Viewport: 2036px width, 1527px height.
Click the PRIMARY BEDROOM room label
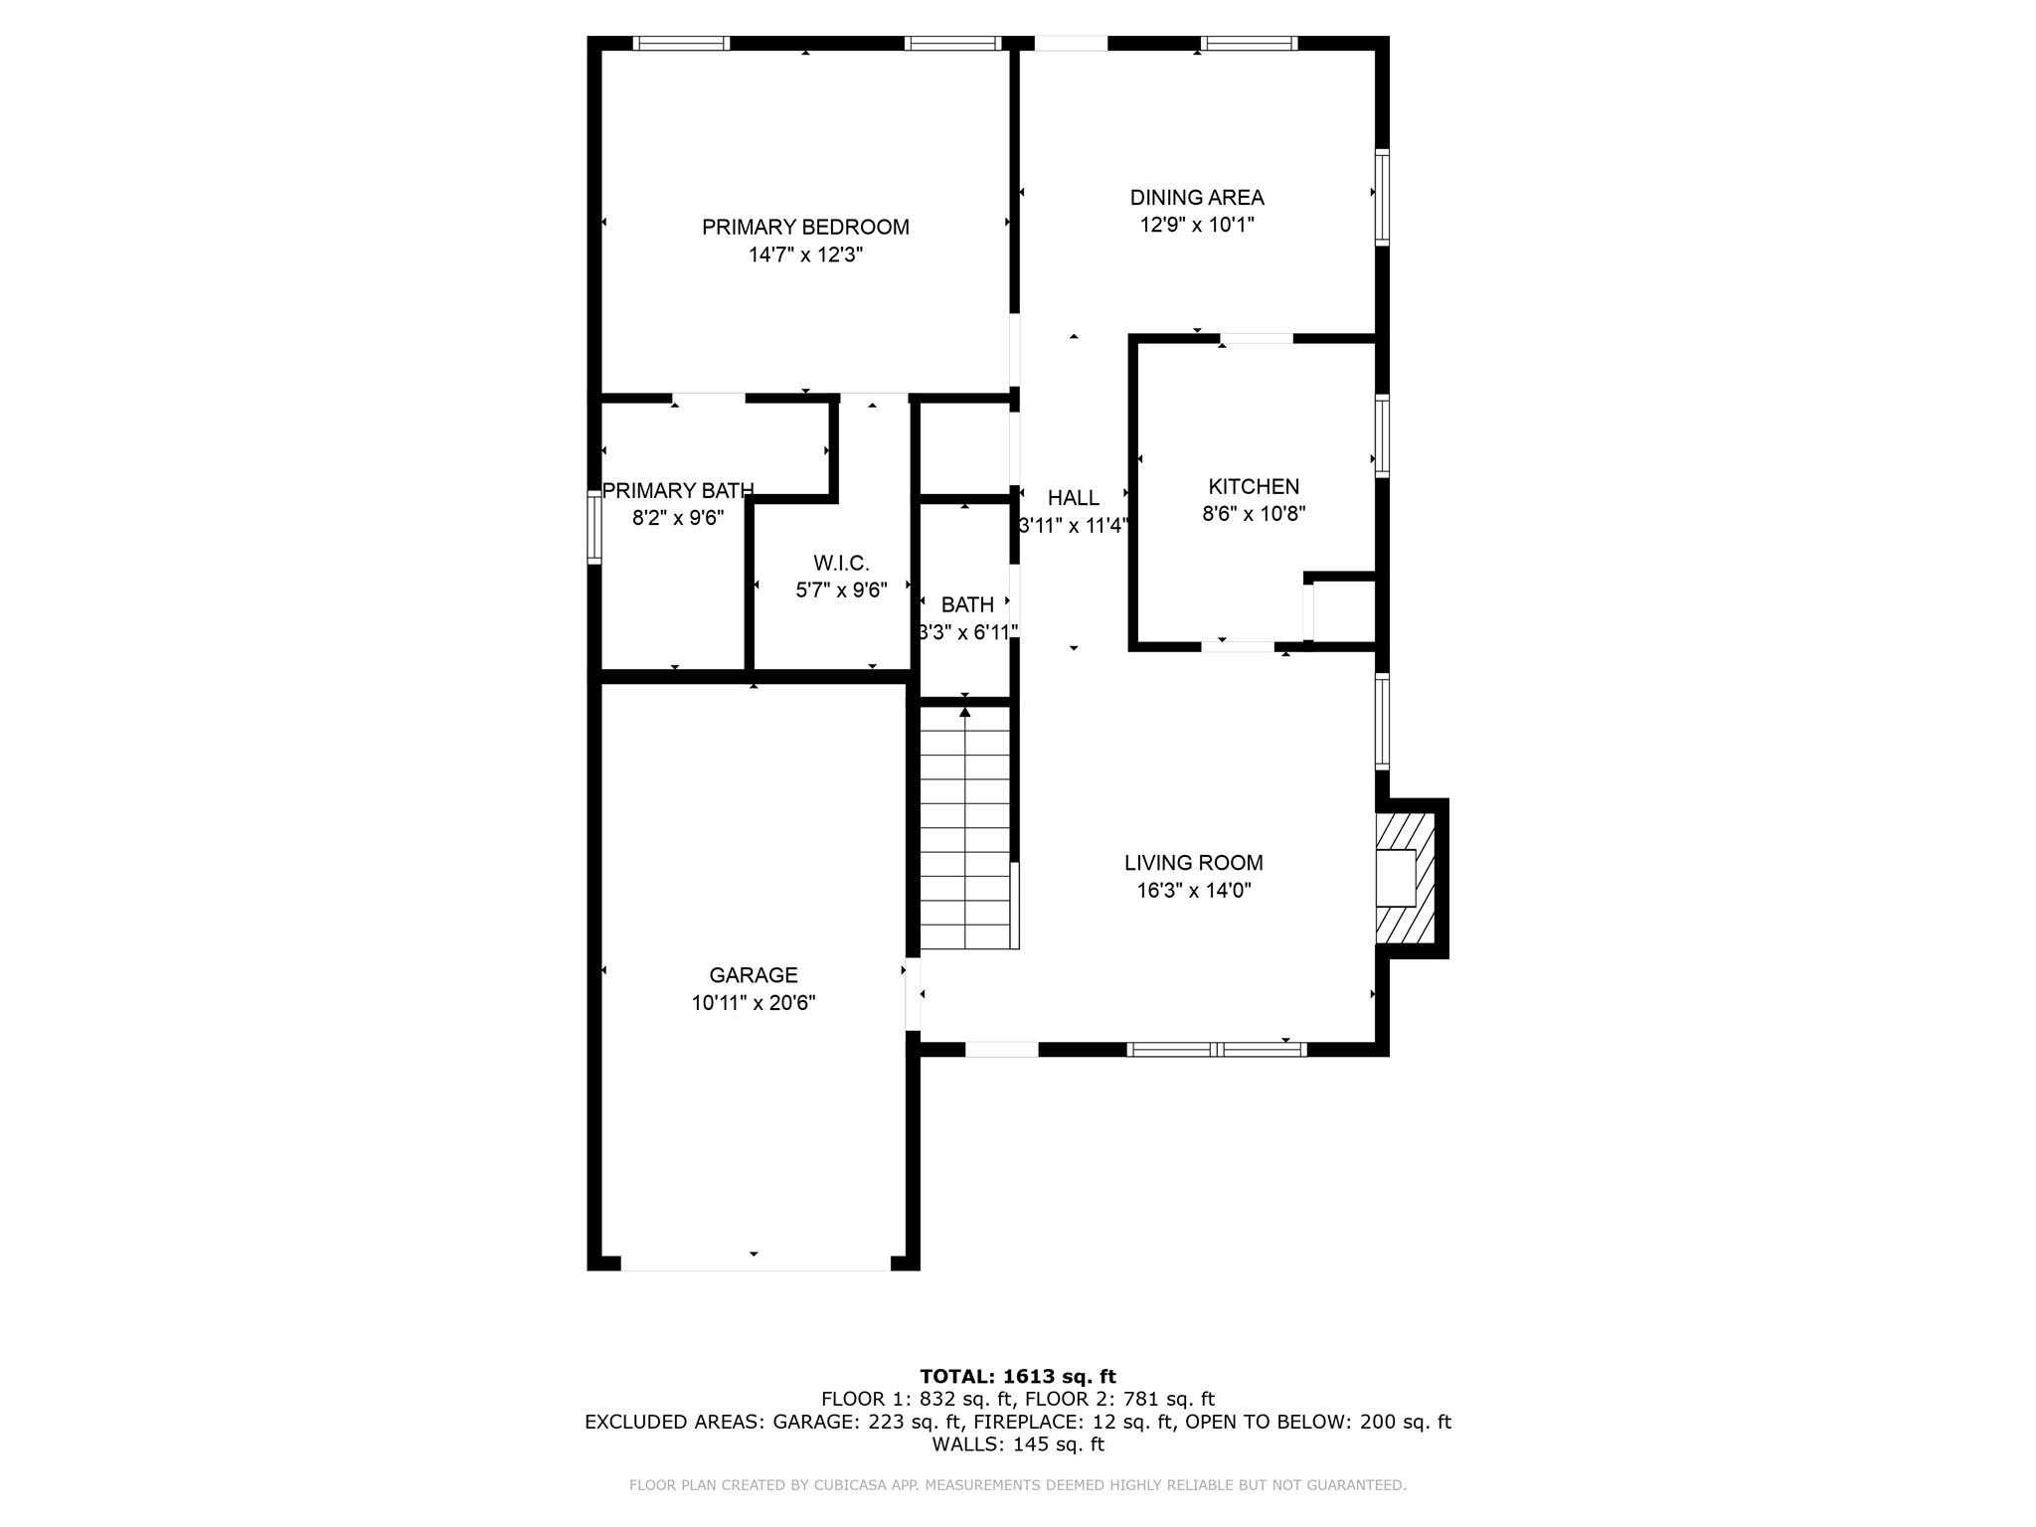pos(805,227)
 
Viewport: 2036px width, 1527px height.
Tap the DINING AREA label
pos(1197,197)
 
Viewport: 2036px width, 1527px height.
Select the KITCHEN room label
pos(1254,486)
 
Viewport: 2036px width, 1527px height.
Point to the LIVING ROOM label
pos(1194,863)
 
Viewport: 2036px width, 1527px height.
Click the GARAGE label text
pos(754,975)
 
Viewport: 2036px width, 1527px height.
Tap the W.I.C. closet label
pos(841,564)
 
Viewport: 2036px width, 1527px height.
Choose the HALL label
pos(1074,497)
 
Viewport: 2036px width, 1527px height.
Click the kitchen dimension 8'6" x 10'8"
pos(1254,514)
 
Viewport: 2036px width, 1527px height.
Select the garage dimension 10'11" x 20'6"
pos(754,1003)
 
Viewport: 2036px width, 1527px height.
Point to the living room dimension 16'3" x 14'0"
pos(1194,891)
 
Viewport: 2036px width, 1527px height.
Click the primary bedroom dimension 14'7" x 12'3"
pos(805,254)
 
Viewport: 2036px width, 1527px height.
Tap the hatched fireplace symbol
pos(1406,878)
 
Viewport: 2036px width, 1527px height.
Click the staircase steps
pos(965,827)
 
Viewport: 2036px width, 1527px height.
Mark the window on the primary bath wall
pos(594,529)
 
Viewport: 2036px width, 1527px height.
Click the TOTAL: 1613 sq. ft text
pos(1018,1377)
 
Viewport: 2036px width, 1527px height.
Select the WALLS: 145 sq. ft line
pos(1018,1444)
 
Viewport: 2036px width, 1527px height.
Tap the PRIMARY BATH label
pos(678,490)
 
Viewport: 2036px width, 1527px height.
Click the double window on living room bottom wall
pos(1217,1049)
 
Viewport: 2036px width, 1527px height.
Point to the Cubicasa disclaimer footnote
pos(1018,1485)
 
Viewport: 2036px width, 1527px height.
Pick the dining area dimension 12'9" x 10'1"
pos(1197,225)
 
